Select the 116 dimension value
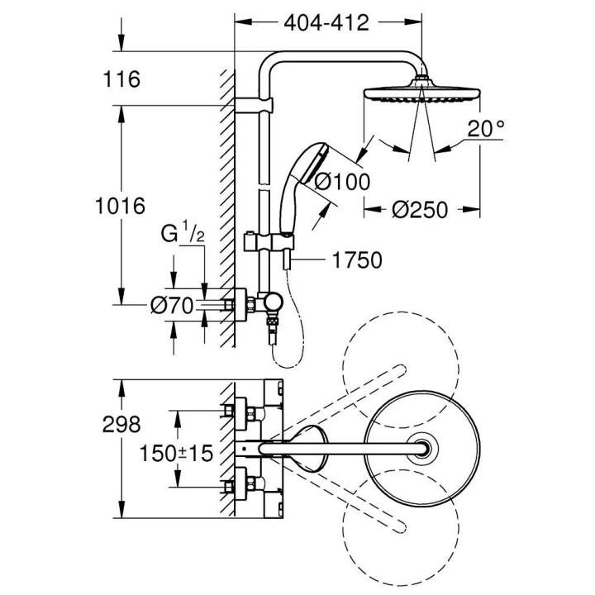(x=122, y=79)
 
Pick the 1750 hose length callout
(x=357, y=261)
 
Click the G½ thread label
(x=183, y=235)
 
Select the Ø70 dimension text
(x=171, y=306)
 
